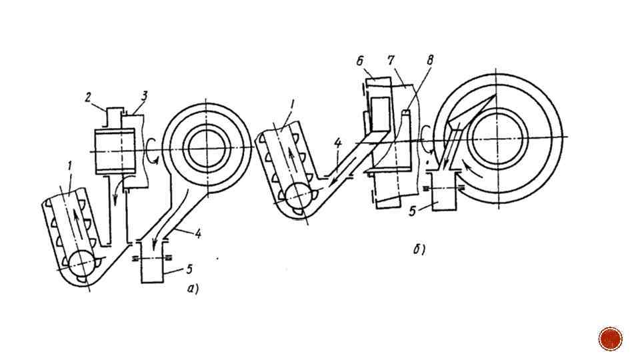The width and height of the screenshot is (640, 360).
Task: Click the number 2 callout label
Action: tap(88, 98)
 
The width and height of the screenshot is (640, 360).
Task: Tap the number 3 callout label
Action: tap(144, 96)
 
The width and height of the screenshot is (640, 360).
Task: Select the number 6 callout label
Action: tap(360, 61)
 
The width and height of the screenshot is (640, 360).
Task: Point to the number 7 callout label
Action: tap(391, 61)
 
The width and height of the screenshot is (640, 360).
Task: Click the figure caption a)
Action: tap(193, 289)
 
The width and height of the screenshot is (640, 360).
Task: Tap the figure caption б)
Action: tap(419, 249)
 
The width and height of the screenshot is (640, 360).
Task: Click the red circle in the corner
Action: tap(610, 339)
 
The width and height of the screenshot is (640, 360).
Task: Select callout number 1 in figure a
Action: tap(70, 166)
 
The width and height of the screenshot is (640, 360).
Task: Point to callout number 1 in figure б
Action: tap(291, 105)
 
